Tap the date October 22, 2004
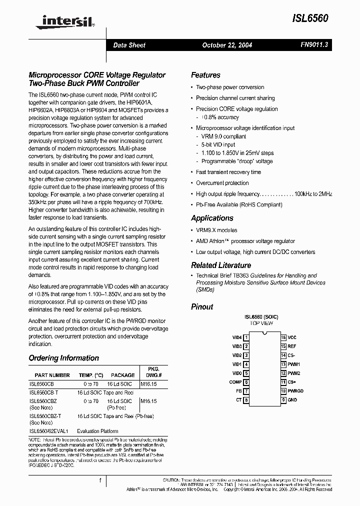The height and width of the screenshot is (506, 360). point(227,45)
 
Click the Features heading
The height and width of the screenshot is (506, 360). point(205,75)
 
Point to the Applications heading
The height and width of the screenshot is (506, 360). point(212,218)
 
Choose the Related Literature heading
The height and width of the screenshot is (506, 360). point(221,265)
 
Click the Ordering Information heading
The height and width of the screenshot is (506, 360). point(63,358)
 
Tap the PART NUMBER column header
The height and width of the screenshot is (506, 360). point(52,375)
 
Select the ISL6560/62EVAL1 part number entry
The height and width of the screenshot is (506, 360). point(49,431)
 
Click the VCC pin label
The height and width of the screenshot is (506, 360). point(292,337)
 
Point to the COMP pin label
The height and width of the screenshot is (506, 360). point(235,382)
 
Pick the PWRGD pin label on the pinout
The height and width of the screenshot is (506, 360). point(295,391)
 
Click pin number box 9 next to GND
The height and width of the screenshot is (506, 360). point(283,400)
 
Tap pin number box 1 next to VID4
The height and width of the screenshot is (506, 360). point(246,337)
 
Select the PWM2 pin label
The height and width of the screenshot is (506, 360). point(294,373)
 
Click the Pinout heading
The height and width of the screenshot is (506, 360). point(202,306)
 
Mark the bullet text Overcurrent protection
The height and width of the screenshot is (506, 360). point(222,183)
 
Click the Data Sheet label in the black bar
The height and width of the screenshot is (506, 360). point(129,45)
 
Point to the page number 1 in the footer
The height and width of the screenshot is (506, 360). point(100,480)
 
